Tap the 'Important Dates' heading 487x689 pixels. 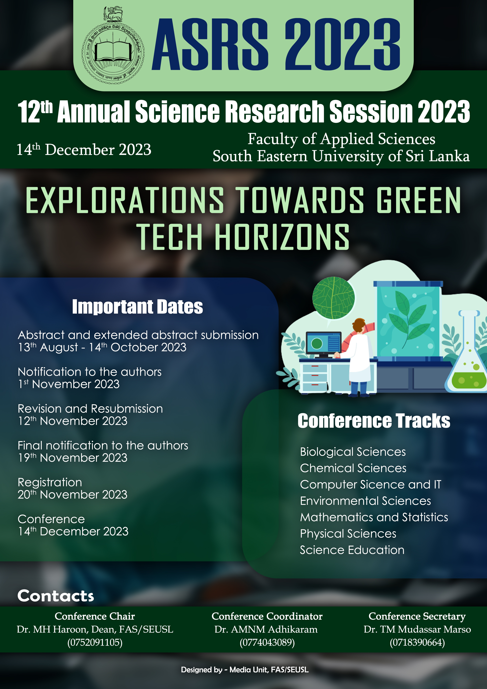tap(137, 307)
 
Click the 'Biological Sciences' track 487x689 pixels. tap(353, 452)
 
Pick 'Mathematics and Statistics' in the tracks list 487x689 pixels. tap(374, 517)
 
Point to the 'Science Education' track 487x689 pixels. tap(352, 550)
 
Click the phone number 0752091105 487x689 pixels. tap(95, 642)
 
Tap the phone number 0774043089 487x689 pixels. tap(267, 642)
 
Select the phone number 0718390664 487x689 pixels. tap(417, 642)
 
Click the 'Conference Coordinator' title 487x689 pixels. tap(267, 616)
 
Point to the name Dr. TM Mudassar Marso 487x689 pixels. tap(417, 629)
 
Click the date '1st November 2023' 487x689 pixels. tap(69, 384)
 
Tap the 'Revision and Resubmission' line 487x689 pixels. tap(90, 409)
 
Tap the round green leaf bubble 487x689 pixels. tap(333, 298)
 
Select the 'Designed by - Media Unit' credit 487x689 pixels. tap(244, 670)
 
